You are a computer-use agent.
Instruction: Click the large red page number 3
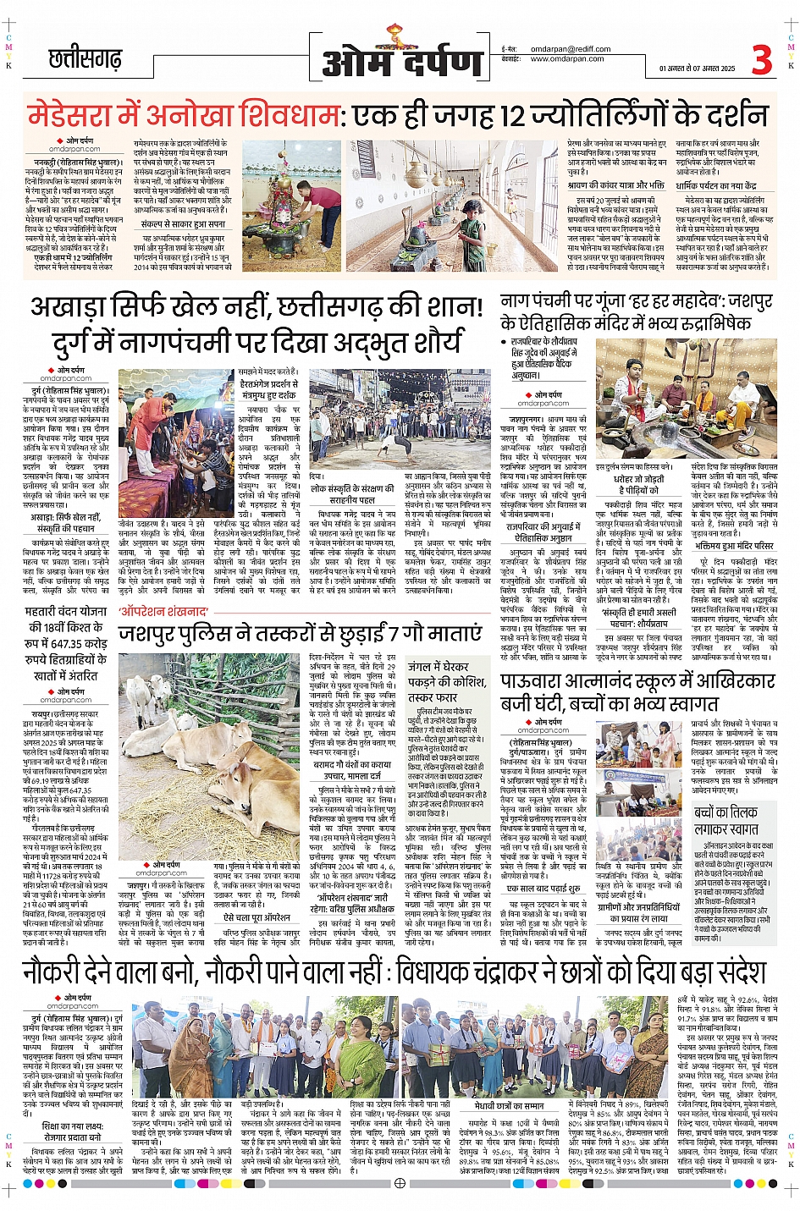click(x=761, y=59)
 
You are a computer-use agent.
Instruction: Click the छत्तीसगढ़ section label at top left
click(x=85, y=58)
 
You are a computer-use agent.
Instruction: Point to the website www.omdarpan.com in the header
click(x=567, y=59)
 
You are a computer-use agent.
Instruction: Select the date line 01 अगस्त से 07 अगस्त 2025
click(x=698, y=69)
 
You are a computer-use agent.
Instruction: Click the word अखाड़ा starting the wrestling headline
click(x=77, y=306)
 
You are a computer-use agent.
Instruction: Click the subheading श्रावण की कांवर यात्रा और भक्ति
click(x=615, y=185)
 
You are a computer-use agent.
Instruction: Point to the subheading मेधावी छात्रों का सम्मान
click(x=509, y=1105)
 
